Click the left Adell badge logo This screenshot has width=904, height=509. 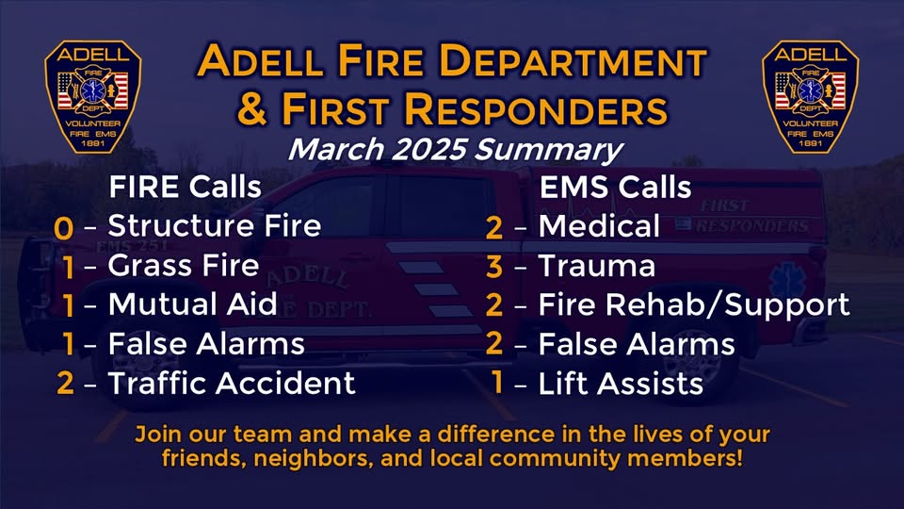(93, 96)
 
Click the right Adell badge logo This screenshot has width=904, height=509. (810, 96)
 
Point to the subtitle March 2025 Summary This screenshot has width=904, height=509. (456, 150)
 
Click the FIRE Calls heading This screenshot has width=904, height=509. (186, 187)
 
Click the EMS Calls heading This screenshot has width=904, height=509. (615, 187)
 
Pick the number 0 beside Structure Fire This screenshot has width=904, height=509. (63, 228)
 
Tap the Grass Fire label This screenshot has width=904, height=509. (184, 266)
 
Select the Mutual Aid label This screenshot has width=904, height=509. (192, 304)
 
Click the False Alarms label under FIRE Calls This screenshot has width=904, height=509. (206, 344)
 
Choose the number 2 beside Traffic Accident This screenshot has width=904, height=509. (65, 384)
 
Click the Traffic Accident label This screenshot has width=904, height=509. (232, 384)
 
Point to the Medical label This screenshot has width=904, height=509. (599, 225)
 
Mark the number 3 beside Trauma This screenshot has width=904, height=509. (494, 267)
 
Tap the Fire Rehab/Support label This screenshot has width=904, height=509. (694, 305)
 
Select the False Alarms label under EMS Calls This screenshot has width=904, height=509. (637, 344)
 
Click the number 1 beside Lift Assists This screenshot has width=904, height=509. (497, 383)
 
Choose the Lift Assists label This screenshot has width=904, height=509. (621, 384)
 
